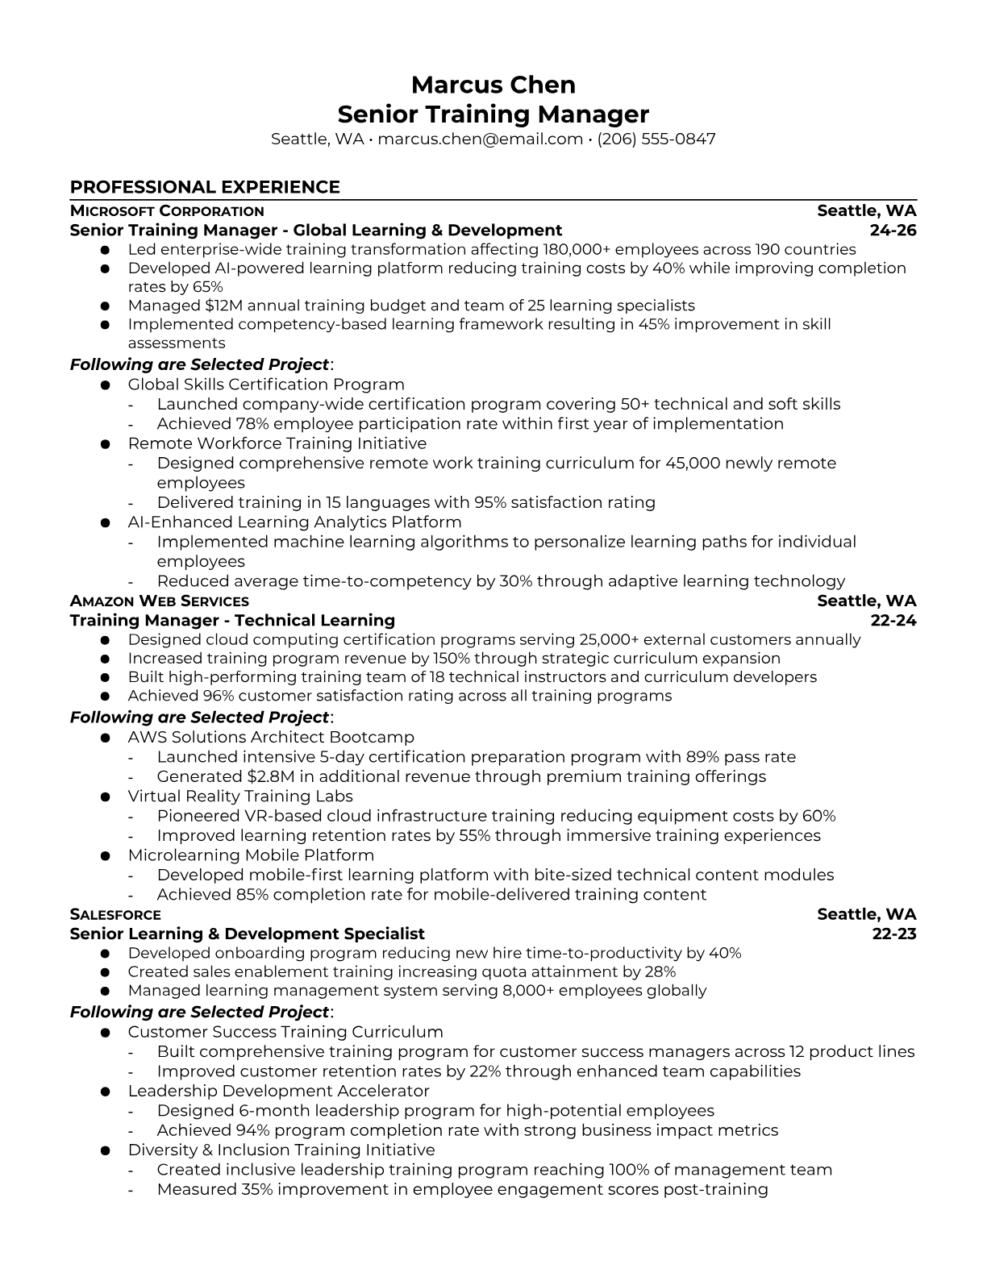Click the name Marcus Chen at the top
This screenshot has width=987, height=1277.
[x=493, y=85]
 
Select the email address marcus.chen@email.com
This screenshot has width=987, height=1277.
[x=480, y=139]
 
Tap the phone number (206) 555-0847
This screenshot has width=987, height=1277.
[x=656, y=139]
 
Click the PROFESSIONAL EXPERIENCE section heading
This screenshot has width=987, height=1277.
[x=205, y=187]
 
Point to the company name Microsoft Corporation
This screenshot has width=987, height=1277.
[x=167, y=211]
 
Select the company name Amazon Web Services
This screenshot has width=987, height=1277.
[x=159, y=601]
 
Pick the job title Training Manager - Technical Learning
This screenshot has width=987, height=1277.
[x=232, y=621]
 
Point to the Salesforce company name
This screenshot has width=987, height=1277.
[x=115, y=915]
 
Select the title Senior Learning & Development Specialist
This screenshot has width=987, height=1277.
[x=247, y=934]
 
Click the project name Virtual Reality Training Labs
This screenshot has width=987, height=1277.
[x=229, y=797]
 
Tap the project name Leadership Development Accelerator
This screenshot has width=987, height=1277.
[x=278, y=1092]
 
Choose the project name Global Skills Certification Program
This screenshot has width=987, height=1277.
[x=266, y=385]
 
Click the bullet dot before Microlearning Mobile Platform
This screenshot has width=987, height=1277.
[x=105, y=856]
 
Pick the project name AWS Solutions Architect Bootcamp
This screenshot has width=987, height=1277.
[x=271, y=738]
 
